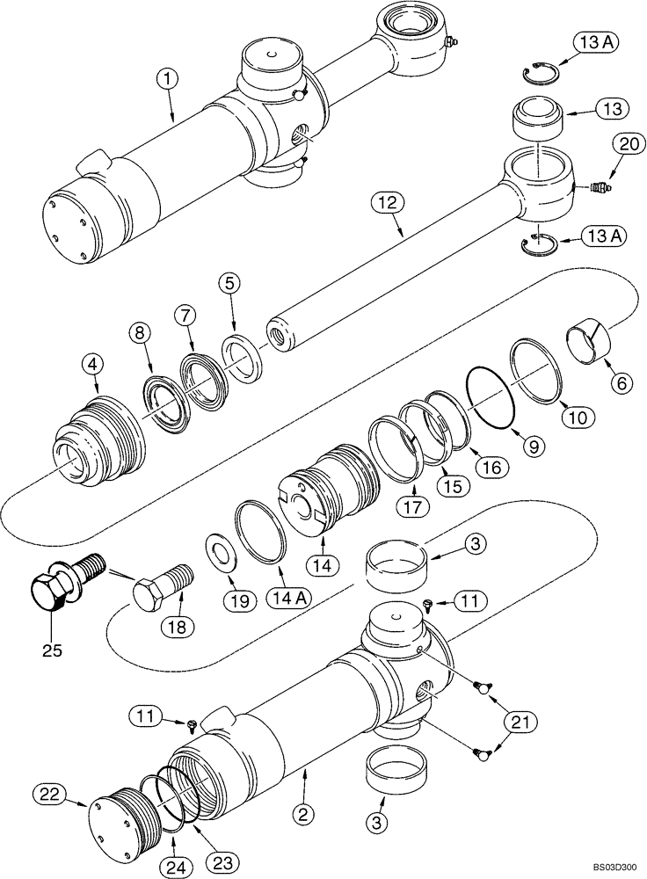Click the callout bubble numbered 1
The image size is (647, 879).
tap(169, 79)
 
